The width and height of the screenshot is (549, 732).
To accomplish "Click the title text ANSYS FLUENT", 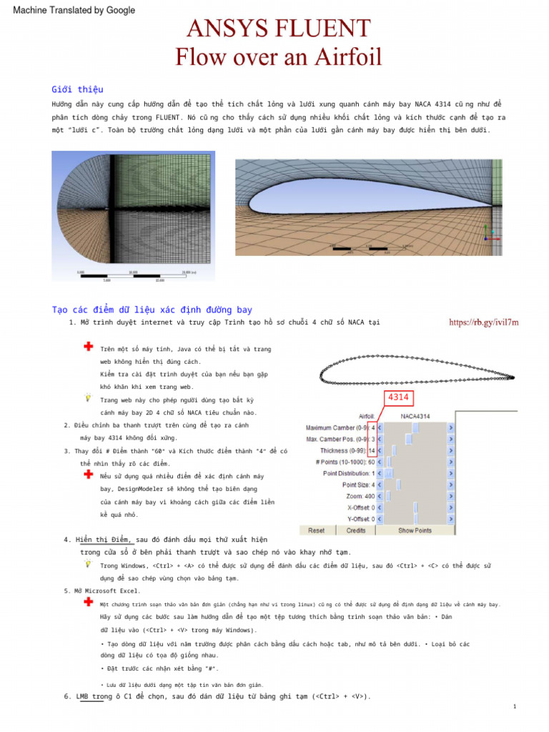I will [x=278, y=29].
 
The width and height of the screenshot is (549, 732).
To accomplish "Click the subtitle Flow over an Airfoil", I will [x=278, y=56].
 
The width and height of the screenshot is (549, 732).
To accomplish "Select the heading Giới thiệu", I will [x=77, y=89].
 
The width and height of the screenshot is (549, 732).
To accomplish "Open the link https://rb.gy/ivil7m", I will [x=483, y=322].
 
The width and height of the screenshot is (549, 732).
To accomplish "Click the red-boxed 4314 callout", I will [x=401, y=398].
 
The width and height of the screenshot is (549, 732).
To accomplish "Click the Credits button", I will [x=356, y=530].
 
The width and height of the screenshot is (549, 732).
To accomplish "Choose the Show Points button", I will [x=415, y=530].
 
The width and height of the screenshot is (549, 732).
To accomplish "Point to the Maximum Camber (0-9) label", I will [x=336, y=428].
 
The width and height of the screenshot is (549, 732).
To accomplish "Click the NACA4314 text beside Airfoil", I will [x=416, y=416].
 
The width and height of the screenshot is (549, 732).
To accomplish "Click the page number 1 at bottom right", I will [x=515, y=706].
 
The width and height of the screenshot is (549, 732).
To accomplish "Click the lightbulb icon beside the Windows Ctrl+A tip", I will [x=87, y=563].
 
